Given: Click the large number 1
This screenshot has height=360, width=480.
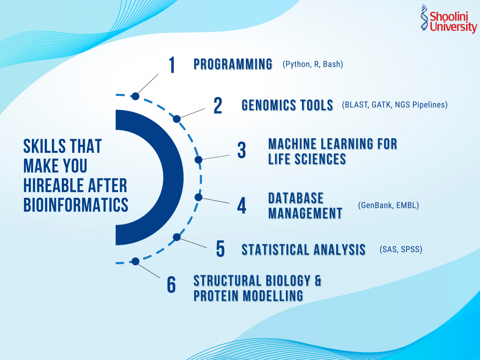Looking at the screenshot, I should [172, 66].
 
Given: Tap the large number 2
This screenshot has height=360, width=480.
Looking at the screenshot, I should [217, 105].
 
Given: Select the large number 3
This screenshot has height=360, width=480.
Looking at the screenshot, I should [241, 151].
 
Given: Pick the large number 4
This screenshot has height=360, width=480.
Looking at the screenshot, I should [241, 205].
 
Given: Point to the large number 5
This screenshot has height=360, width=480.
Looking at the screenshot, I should [220, 249].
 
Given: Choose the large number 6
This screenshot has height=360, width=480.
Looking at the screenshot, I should [172, 285].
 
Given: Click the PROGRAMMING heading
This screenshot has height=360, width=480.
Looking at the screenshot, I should [233, 64].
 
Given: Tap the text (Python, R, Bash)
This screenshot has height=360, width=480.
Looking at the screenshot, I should [313, 64].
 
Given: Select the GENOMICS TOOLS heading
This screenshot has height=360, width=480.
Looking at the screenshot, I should [287, 105].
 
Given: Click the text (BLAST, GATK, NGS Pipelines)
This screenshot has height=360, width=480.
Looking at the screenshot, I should [395, 105].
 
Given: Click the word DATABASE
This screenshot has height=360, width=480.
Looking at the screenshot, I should [296, 198].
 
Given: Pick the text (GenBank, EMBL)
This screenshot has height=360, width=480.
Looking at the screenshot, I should [388, 205].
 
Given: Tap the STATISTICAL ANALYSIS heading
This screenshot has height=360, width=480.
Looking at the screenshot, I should [303, 249].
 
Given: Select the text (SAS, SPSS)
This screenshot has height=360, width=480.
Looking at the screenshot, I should [401, 249].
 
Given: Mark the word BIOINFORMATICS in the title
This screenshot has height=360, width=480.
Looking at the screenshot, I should [76, 205].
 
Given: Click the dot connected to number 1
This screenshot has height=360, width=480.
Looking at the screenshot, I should [135, 96].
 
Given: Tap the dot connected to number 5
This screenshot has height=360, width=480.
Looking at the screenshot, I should [177, 237].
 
